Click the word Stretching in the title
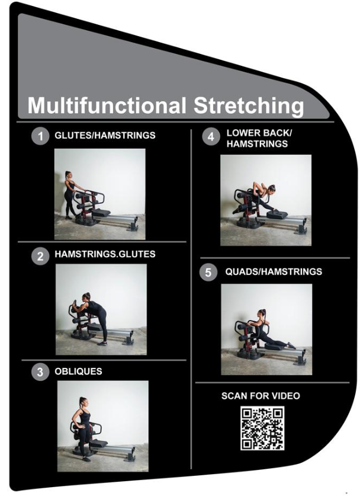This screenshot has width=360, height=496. click(248, 106)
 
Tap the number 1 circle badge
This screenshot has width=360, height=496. click(40, 136)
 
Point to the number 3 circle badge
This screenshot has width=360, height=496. click(40, 372)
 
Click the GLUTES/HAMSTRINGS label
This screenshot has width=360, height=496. click(105, 136)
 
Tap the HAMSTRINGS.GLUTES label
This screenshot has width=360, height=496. click(105, 254)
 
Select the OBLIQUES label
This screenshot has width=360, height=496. click(83, 372)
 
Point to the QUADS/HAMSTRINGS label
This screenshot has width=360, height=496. click(274, 272)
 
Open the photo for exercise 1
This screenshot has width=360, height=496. click(99, 194)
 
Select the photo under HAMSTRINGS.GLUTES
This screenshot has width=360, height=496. click(101, 309)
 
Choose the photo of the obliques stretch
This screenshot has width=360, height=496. click(102, 425)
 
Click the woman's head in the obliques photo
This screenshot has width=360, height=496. click(82, 402)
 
